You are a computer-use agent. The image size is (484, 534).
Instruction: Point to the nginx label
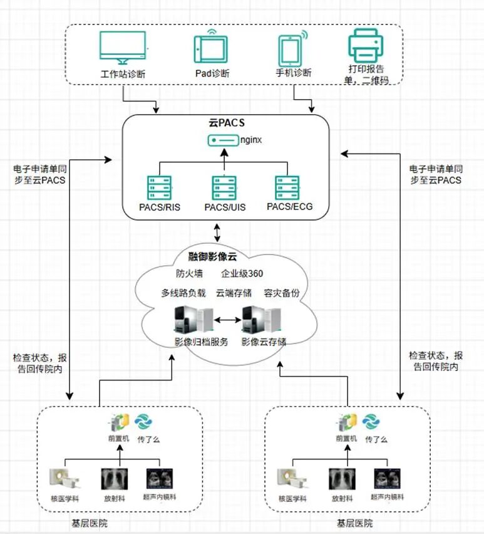coord(251,139)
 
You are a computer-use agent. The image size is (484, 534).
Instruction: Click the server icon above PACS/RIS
coord(159,188)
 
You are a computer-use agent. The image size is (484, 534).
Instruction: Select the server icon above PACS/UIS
coord(224,188)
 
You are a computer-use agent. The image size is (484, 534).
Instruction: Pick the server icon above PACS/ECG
coord(287,188)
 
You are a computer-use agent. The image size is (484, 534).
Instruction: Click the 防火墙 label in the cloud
coord(188,274)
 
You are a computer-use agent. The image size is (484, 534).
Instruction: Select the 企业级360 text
coord(242,274)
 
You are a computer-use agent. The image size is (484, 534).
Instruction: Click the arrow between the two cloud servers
coord(228,320)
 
